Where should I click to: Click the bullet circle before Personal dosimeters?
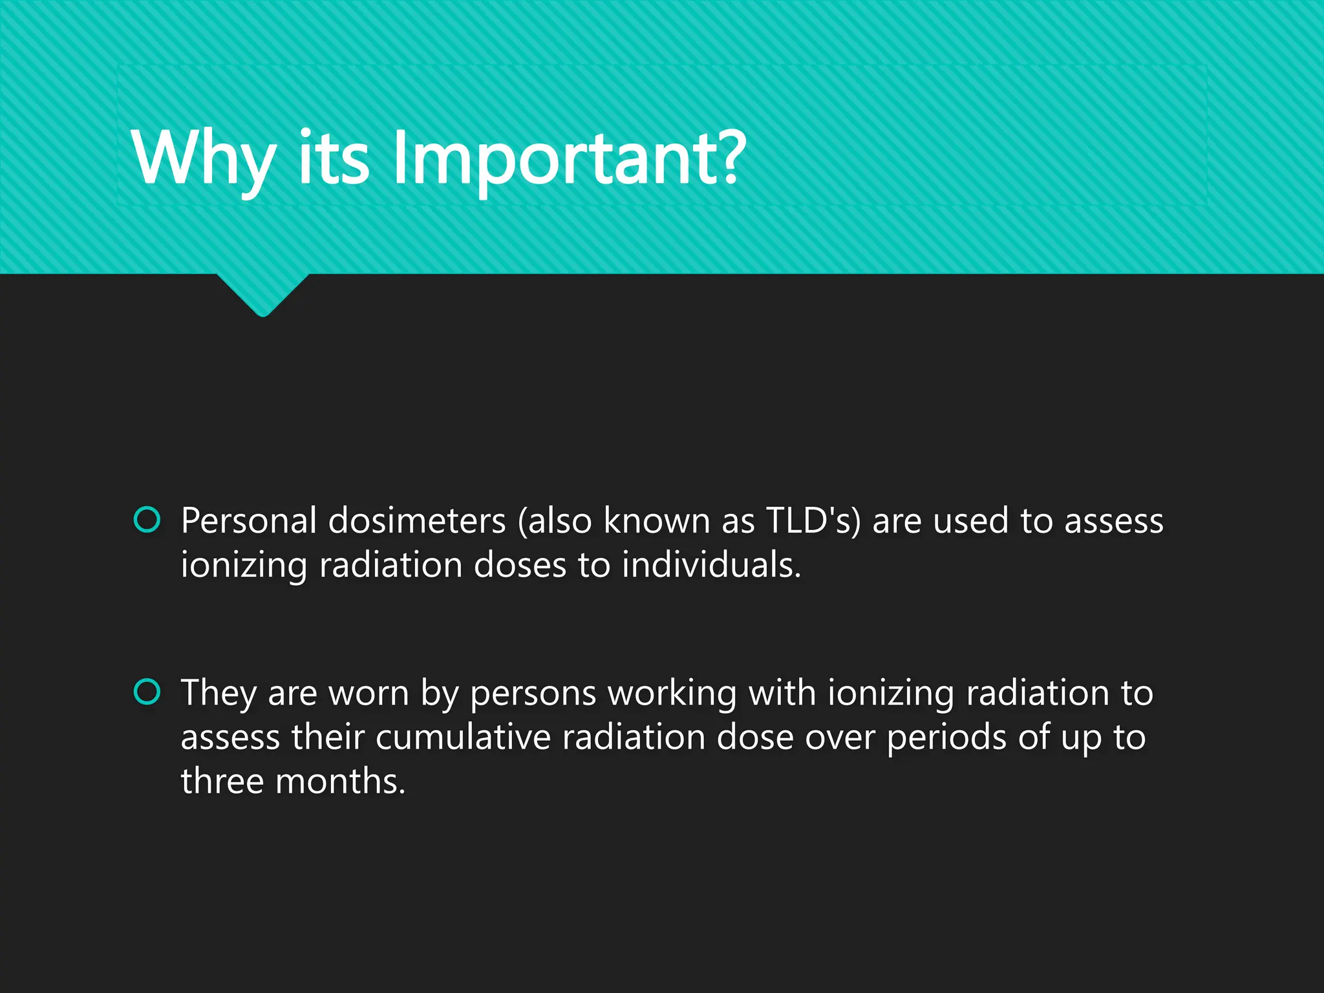coord(147,519)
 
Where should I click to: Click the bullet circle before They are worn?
coord(147,692)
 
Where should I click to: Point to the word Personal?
coord(249,521)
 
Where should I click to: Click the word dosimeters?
coord(417,521)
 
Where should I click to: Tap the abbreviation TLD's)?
coord(813,521)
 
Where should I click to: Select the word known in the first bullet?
coord(656,521)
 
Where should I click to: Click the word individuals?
coord(711,565)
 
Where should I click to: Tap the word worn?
coord(368,694)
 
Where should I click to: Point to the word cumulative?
coord(462,738)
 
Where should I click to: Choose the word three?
coord(222,782)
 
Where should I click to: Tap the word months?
coord(340,782)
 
